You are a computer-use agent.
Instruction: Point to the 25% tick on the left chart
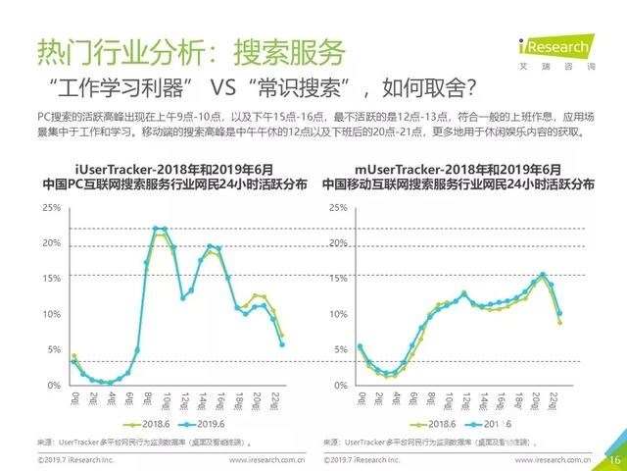(x=52, y=208)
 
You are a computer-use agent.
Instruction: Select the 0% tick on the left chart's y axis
(x=55, y=385)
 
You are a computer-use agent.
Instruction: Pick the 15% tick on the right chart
(x=338, y=279)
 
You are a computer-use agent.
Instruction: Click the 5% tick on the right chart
(x=340, y=349)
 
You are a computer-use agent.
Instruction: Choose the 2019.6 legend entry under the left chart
(x=207, y=424)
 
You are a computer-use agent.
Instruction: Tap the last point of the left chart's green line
(x=282, y=336)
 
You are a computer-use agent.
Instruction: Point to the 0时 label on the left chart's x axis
(x=74, y=398)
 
